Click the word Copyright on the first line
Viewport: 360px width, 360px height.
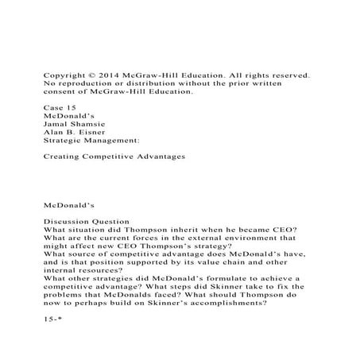point(65,75)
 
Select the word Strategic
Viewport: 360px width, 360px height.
point(65,142)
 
